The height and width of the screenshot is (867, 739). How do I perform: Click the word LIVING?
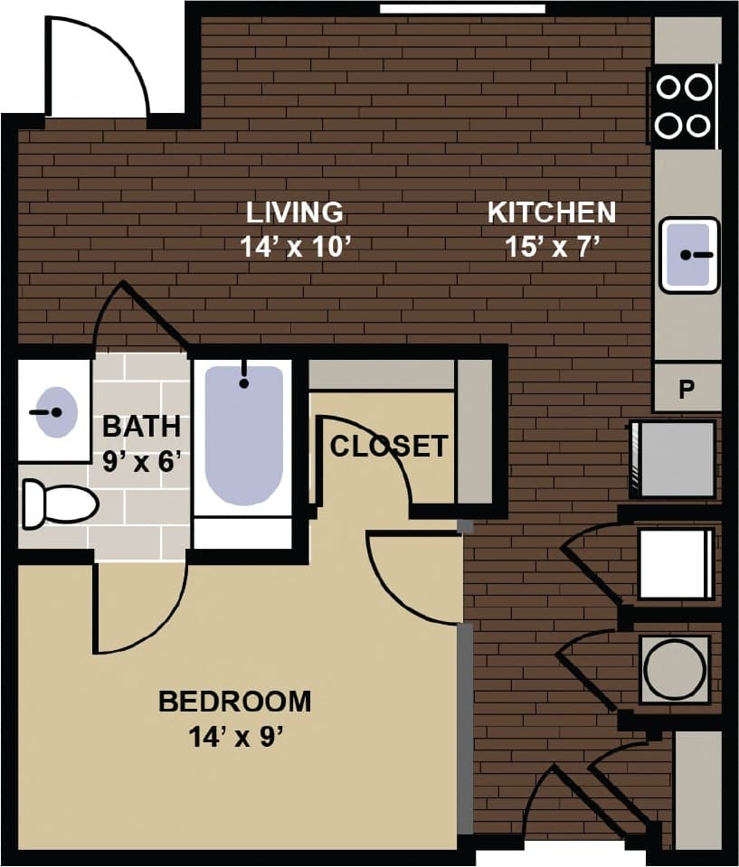click(x=295, y=212)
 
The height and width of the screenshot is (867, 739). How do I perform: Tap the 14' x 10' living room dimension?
click(x=295, y=247)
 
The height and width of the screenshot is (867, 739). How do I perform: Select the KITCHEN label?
click(x=551, y=212)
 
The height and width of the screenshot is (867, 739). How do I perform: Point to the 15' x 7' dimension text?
click(x=553, y=247)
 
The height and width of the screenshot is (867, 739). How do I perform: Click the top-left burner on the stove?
click(x=668, y=87)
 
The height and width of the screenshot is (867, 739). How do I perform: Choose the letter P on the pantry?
click(x=687, y=389)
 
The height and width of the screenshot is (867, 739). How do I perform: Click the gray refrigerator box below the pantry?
click(x=675, y=458)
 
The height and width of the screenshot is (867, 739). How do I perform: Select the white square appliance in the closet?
click(x=675, y=564)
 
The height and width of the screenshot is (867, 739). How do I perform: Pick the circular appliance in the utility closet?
click(x=675, y=669)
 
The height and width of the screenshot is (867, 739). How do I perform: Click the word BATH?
click(x=141, y=425)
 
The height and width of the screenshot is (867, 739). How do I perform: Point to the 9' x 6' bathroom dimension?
click(x=142, y=460)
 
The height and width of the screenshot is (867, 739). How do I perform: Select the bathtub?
click(x=243, y=434)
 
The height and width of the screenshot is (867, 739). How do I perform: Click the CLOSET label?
click(x=388, y=447)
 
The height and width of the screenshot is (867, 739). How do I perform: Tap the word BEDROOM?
click(x=234, y=702)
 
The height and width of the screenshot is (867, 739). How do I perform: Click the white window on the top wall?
click(x=461, y=9)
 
